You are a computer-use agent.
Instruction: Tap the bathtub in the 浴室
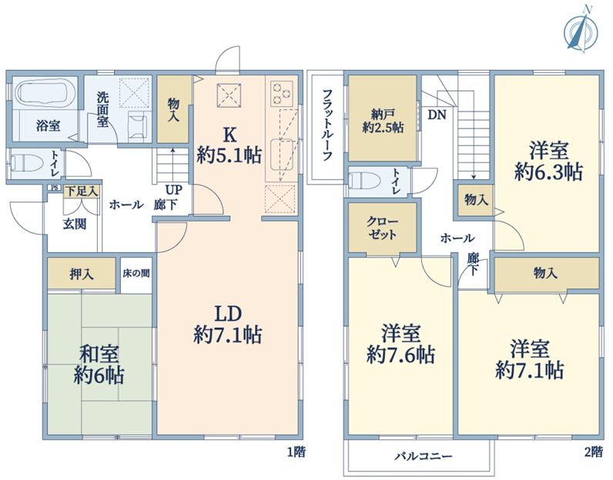pos(46,92)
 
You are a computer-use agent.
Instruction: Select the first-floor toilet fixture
pos(27,164)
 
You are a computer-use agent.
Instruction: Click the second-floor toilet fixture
pos(365,181)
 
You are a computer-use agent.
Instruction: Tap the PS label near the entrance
pos(55,188)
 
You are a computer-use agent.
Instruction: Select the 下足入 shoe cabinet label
pos(82,192)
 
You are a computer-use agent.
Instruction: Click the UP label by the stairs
pos(173,190)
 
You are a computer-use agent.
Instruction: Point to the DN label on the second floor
pos(437,115)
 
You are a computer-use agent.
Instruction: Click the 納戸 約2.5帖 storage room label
pos(383,122)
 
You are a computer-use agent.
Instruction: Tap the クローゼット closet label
pos(382,228)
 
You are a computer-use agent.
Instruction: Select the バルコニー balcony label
pos(423,456)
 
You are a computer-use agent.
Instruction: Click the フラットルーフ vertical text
pos(327,125)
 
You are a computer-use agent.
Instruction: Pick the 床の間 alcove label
pos(136,273)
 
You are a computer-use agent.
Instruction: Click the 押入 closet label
pos(82,274)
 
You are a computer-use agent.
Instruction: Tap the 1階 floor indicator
pos(296,452)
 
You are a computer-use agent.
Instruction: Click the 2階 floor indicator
pos(593,452)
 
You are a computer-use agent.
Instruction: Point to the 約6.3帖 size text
pos(548,172)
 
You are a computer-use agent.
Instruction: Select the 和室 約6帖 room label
pos(99,365)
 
